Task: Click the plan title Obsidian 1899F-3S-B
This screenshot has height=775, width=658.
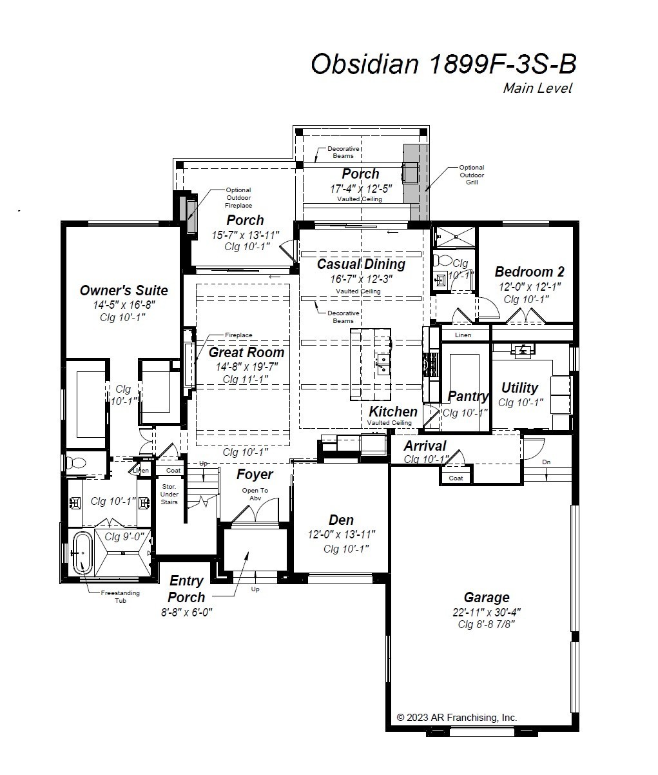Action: point(443,64)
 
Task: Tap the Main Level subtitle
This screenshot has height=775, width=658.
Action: point(537,88)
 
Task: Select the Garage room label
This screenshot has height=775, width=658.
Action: point(487,597)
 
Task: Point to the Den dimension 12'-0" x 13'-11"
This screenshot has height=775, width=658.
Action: point(342,535)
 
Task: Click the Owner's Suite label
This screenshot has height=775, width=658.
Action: point(124,290)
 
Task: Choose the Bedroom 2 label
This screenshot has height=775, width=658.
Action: point(530,272)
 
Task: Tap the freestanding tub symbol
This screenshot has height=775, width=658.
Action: point(82,553)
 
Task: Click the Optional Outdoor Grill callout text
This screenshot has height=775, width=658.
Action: point(472,175)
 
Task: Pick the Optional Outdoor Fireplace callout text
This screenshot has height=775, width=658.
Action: point(238,197)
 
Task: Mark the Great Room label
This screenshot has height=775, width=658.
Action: point(246,353)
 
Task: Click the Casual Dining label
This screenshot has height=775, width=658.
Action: point(361,264)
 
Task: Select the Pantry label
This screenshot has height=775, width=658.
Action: point(469,397)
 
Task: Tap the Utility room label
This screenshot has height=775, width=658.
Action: point(519,387)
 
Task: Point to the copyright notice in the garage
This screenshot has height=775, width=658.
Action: point(457,716)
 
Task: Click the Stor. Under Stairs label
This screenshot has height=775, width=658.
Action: point(169,494)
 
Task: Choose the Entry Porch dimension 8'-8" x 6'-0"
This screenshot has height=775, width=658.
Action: point(187,612)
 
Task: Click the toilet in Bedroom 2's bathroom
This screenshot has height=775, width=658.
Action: point(443,260)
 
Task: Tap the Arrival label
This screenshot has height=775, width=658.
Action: point(425,446)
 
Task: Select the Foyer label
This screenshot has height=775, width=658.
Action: point(255,475)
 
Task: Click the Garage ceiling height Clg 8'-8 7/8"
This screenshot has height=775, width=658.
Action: point(486,624)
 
